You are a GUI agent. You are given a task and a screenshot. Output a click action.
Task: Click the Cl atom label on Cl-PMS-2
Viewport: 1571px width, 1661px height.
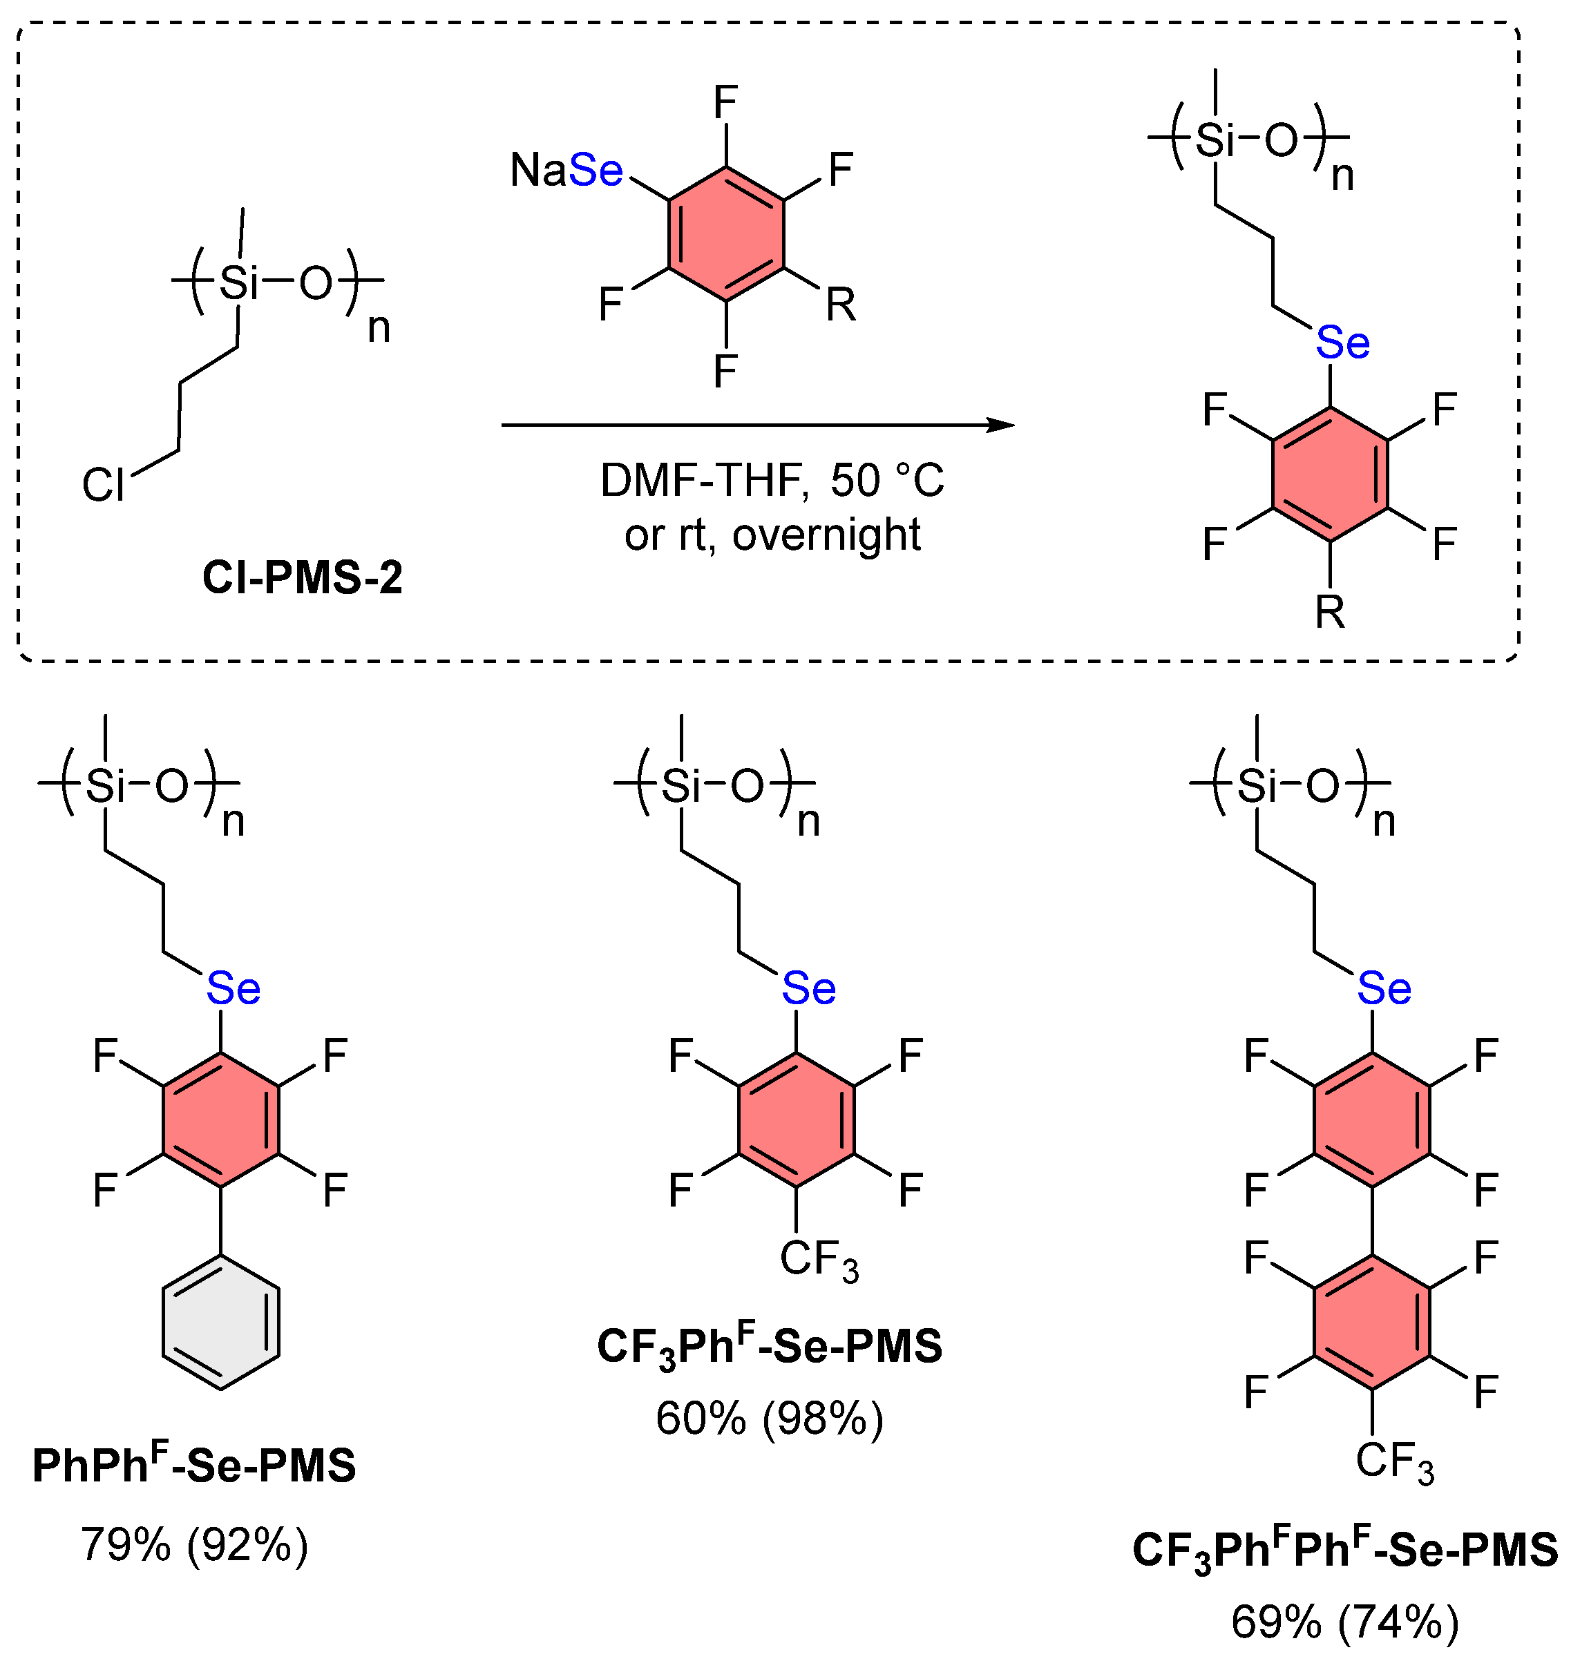103,485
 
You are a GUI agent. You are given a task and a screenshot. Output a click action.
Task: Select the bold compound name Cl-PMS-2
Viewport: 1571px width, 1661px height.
303,577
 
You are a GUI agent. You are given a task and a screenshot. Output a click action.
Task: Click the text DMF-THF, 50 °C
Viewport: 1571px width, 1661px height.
771,481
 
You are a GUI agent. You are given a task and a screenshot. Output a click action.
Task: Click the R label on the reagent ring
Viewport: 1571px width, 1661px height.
841,305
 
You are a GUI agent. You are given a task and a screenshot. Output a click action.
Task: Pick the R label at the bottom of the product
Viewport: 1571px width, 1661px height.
1330,612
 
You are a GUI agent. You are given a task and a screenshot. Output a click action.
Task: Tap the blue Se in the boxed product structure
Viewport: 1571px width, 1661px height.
1342,343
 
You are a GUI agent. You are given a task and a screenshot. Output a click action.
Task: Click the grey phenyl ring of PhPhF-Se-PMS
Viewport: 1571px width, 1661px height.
221,1323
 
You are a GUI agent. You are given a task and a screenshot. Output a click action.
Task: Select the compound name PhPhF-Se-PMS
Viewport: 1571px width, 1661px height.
194,1465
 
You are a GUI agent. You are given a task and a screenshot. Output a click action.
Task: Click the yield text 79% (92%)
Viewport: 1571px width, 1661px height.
194,1545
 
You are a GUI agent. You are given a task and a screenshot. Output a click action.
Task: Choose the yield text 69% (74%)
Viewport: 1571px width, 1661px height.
1345,1622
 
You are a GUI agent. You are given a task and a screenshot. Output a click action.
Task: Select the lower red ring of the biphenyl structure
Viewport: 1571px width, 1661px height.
1373,1323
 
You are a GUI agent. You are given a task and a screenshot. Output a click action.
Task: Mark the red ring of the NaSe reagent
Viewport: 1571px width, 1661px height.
726,234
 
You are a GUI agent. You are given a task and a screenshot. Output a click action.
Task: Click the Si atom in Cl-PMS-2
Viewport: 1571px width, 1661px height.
238,283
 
